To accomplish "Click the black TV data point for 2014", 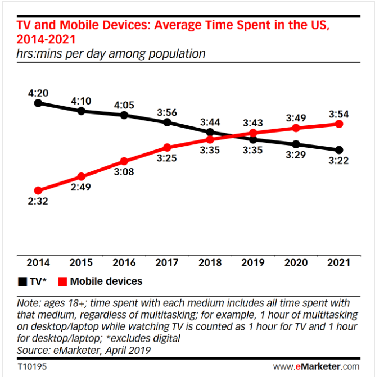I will [x=38, y=103].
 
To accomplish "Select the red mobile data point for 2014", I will [x=38, y=190].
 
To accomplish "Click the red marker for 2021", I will [x=338, y=124].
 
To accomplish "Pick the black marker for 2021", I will [x=338, y=150].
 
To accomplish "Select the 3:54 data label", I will [x=338, y=114].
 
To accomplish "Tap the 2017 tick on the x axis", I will [x=167, y=262].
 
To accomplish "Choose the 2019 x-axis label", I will [x=252, y=262].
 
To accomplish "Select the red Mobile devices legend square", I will [x=63, y=281].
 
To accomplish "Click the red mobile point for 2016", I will [x=124, y=161].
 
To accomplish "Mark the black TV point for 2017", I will [x=167, y=122].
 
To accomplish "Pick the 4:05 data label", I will [x=124, y=105].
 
